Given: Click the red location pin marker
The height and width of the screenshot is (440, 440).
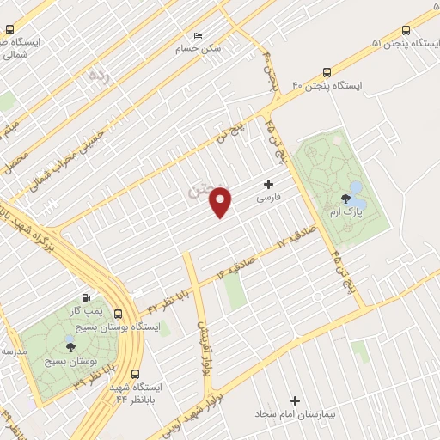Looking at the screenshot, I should (222, 201).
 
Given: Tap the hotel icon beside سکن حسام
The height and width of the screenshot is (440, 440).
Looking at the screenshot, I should (199, 35).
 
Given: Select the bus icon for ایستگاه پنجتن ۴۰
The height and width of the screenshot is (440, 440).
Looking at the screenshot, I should (326, 72).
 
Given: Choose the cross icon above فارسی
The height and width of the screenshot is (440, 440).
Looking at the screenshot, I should (269, 184).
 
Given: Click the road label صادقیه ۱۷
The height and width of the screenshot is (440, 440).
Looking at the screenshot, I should (296, 237).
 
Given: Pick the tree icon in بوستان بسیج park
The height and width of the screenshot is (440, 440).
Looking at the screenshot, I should (70, 346).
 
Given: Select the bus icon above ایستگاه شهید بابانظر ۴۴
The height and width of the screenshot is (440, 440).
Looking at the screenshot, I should (136, 374).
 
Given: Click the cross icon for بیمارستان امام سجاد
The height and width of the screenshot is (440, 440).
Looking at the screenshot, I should (296, 400).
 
